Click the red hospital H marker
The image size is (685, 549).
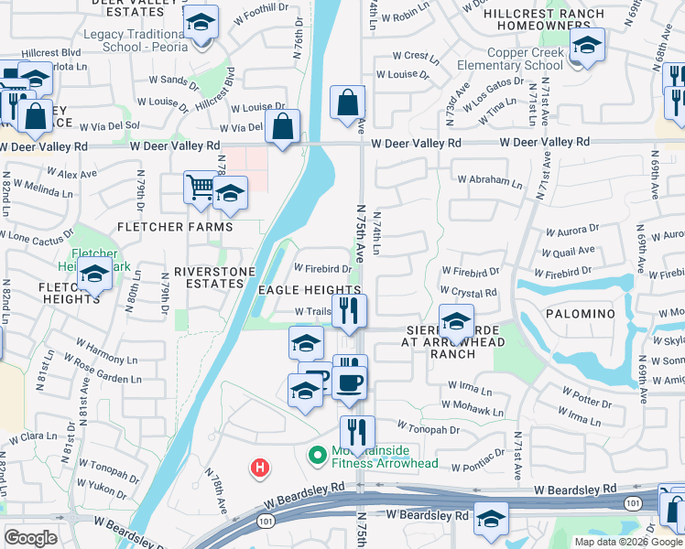coord(261,468)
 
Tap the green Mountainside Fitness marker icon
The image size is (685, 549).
coord(319,454)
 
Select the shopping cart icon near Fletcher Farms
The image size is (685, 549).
coord(200,188)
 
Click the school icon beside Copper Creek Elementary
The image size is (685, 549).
coord(585,46)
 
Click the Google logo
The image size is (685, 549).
coord(30,538)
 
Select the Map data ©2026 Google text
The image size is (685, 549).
coord(627,542)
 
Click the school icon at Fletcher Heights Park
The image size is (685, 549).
coord(93,273)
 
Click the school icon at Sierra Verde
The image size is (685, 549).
coord(456,321)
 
